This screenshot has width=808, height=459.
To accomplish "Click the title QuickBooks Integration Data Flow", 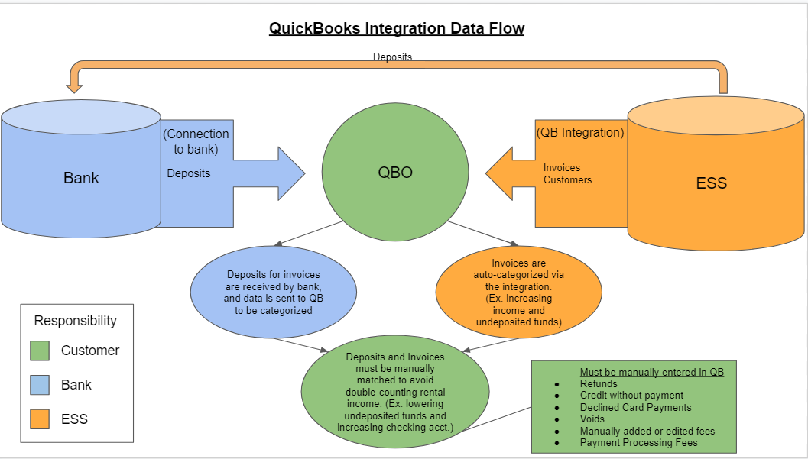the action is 397,27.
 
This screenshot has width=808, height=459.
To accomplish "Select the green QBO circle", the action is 395,172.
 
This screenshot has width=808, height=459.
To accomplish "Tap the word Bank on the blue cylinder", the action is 81,178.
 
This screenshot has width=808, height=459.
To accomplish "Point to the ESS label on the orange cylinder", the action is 712,183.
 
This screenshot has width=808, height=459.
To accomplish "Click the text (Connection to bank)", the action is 196,141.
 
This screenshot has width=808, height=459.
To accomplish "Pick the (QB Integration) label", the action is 580,132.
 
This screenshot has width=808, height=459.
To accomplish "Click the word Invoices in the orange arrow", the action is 562,168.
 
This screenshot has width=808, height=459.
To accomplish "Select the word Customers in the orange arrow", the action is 567,180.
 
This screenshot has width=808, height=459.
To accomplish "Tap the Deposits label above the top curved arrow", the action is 393,57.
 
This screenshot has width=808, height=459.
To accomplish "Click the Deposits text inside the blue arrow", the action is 189,173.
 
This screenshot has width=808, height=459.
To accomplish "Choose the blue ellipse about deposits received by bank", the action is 274,292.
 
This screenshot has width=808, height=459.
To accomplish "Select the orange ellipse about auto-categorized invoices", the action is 519,293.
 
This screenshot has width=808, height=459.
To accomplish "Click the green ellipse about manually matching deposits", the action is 395,392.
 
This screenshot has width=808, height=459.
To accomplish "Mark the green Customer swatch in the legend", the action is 40,351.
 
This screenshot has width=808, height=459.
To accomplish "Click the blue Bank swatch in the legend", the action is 40,385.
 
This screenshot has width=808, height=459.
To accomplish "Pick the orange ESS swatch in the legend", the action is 40,419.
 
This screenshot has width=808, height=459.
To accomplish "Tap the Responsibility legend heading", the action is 75,321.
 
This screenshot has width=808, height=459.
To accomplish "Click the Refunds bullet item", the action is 599,384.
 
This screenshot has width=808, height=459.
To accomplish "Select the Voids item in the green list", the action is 592,419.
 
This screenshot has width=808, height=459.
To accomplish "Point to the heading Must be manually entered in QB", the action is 652,372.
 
